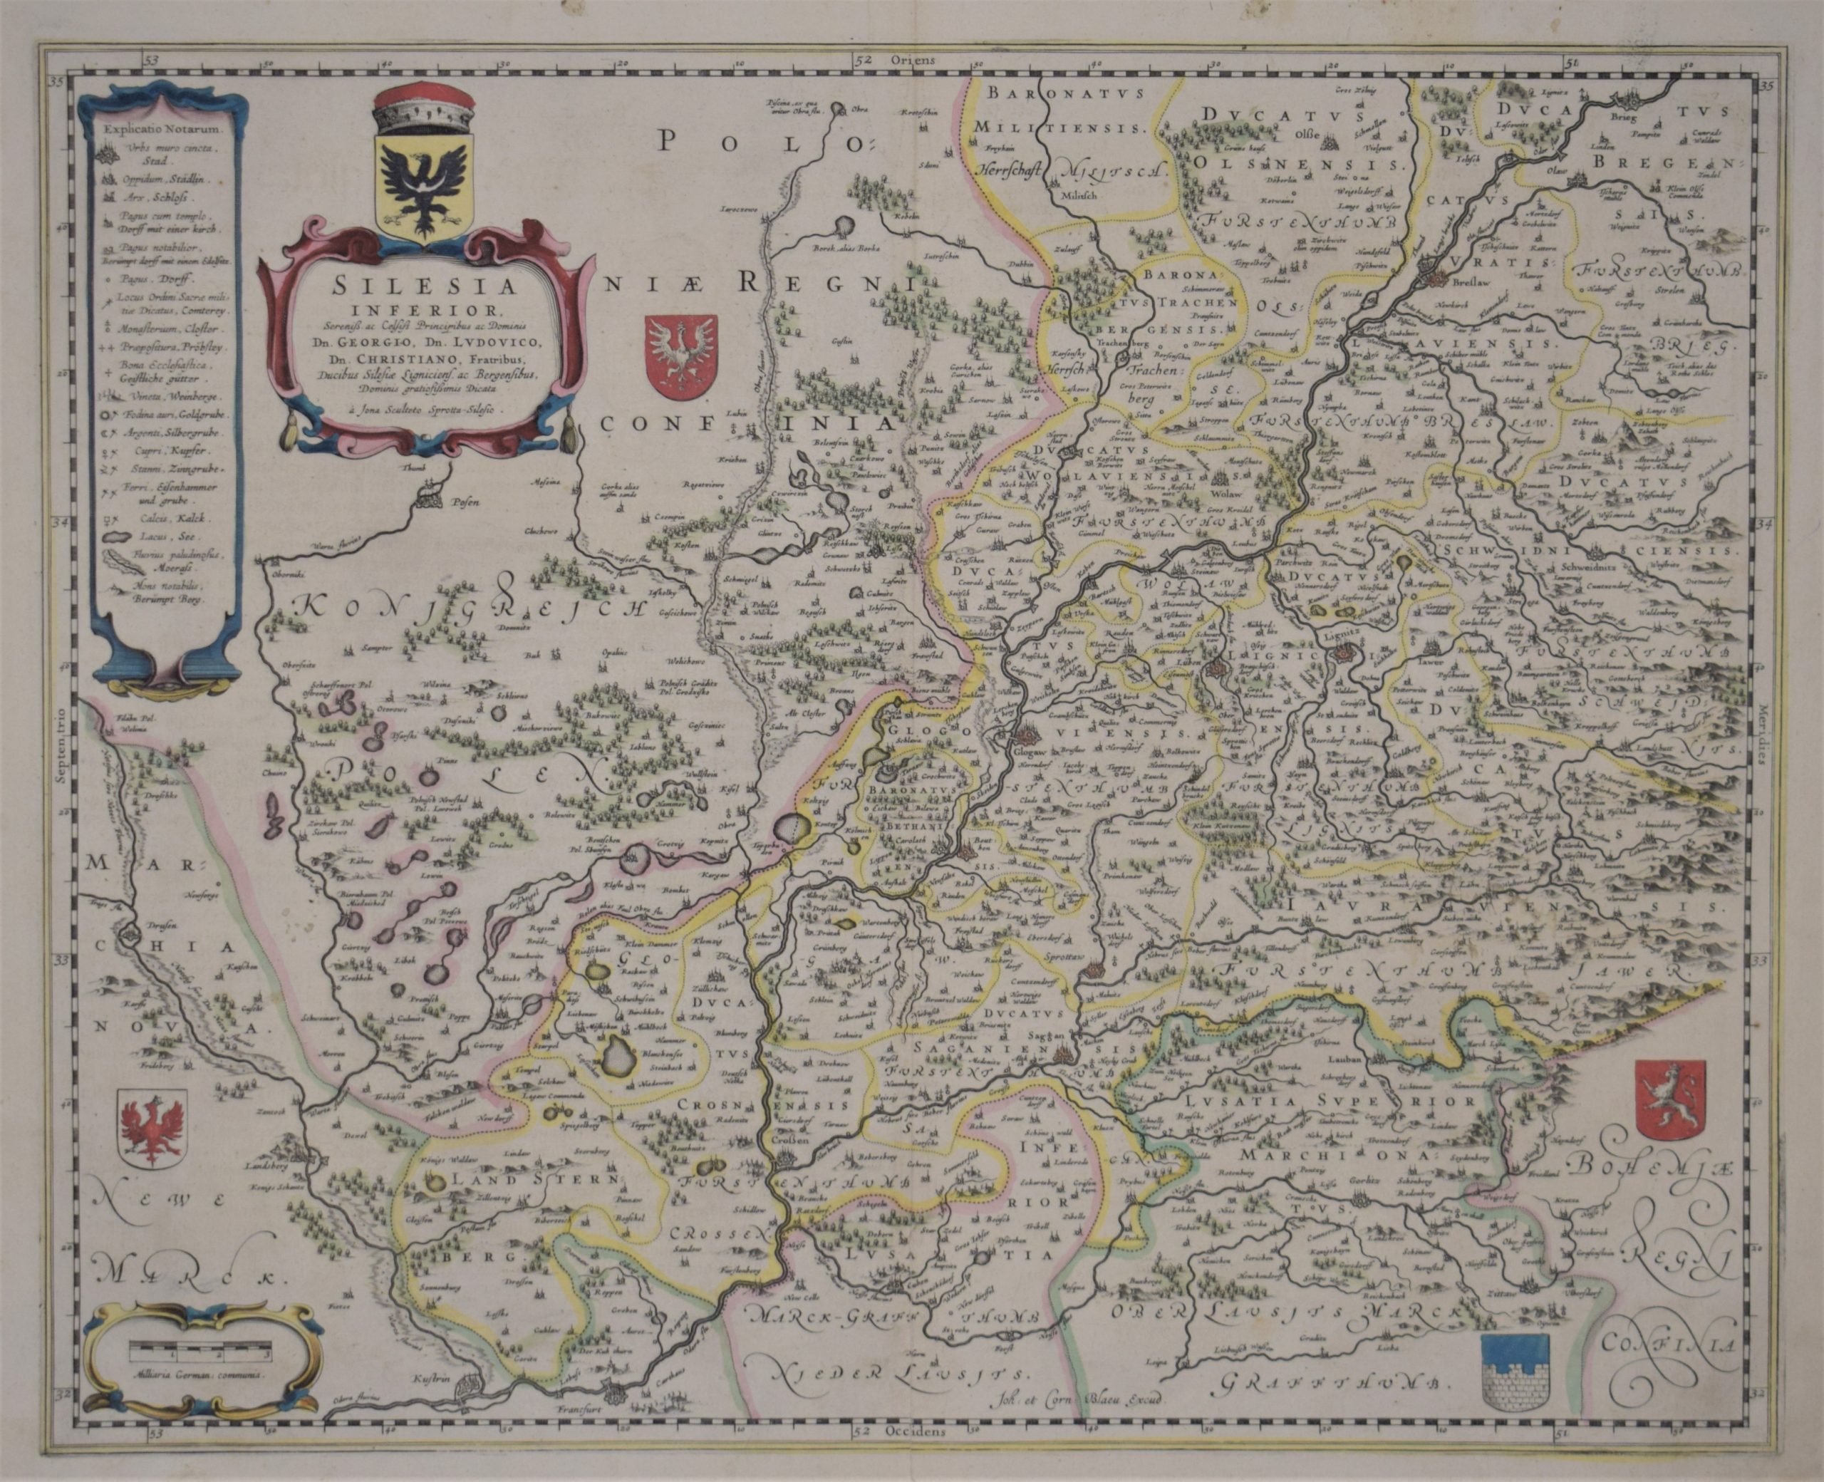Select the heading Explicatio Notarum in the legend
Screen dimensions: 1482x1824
point(160,130)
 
